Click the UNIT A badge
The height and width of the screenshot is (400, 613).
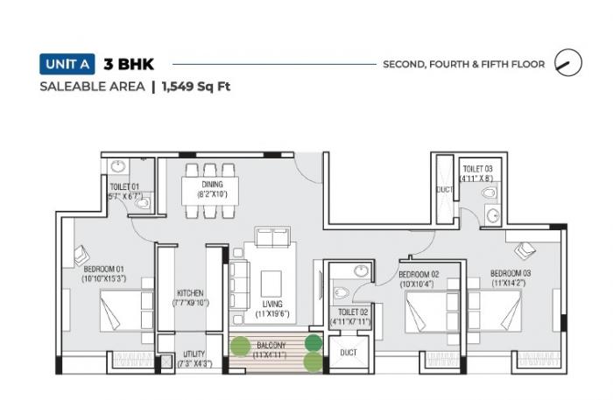(x=67, y=64)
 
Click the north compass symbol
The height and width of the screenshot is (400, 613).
(x=570, y=63)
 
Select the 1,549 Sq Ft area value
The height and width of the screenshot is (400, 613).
(x=195, y=87)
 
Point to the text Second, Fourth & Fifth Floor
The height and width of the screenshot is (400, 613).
(x=463, y=64)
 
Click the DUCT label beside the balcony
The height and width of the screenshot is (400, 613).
(x=347, y=353)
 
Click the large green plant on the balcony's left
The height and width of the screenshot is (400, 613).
(x=240, y=347)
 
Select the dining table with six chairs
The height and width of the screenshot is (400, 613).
(x=211, y=188)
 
